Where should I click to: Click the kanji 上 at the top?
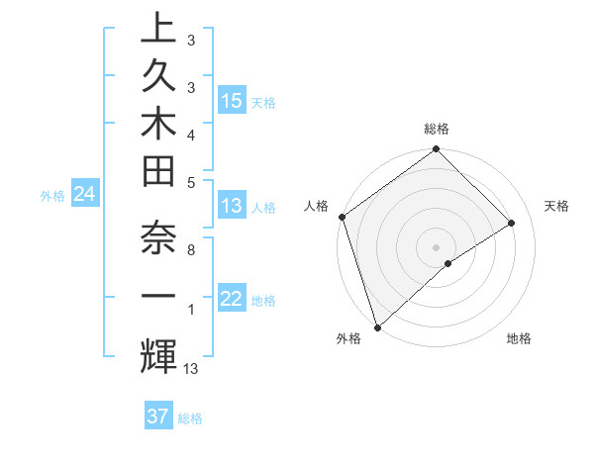click(x=157, y=28)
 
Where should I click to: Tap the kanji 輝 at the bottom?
click(x=157, y=354)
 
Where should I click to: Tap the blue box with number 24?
click(x=84, y=195)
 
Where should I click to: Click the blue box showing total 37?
click(x=158, y=417)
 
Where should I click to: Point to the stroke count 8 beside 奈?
click(x=190, y=250)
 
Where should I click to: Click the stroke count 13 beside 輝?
click(x=190, y=369)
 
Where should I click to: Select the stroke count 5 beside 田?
click(x=190, y=181)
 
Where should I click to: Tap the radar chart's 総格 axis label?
click(x=436, y=129)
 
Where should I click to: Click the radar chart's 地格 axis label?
click(x=519, y=338)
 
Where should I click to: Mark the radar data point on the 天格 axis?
click(x=512, y=223)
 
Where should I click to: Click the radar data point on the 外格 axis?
click(x=377, y=326)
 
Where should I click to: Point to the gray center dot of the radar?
click(x=436, y=246)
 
